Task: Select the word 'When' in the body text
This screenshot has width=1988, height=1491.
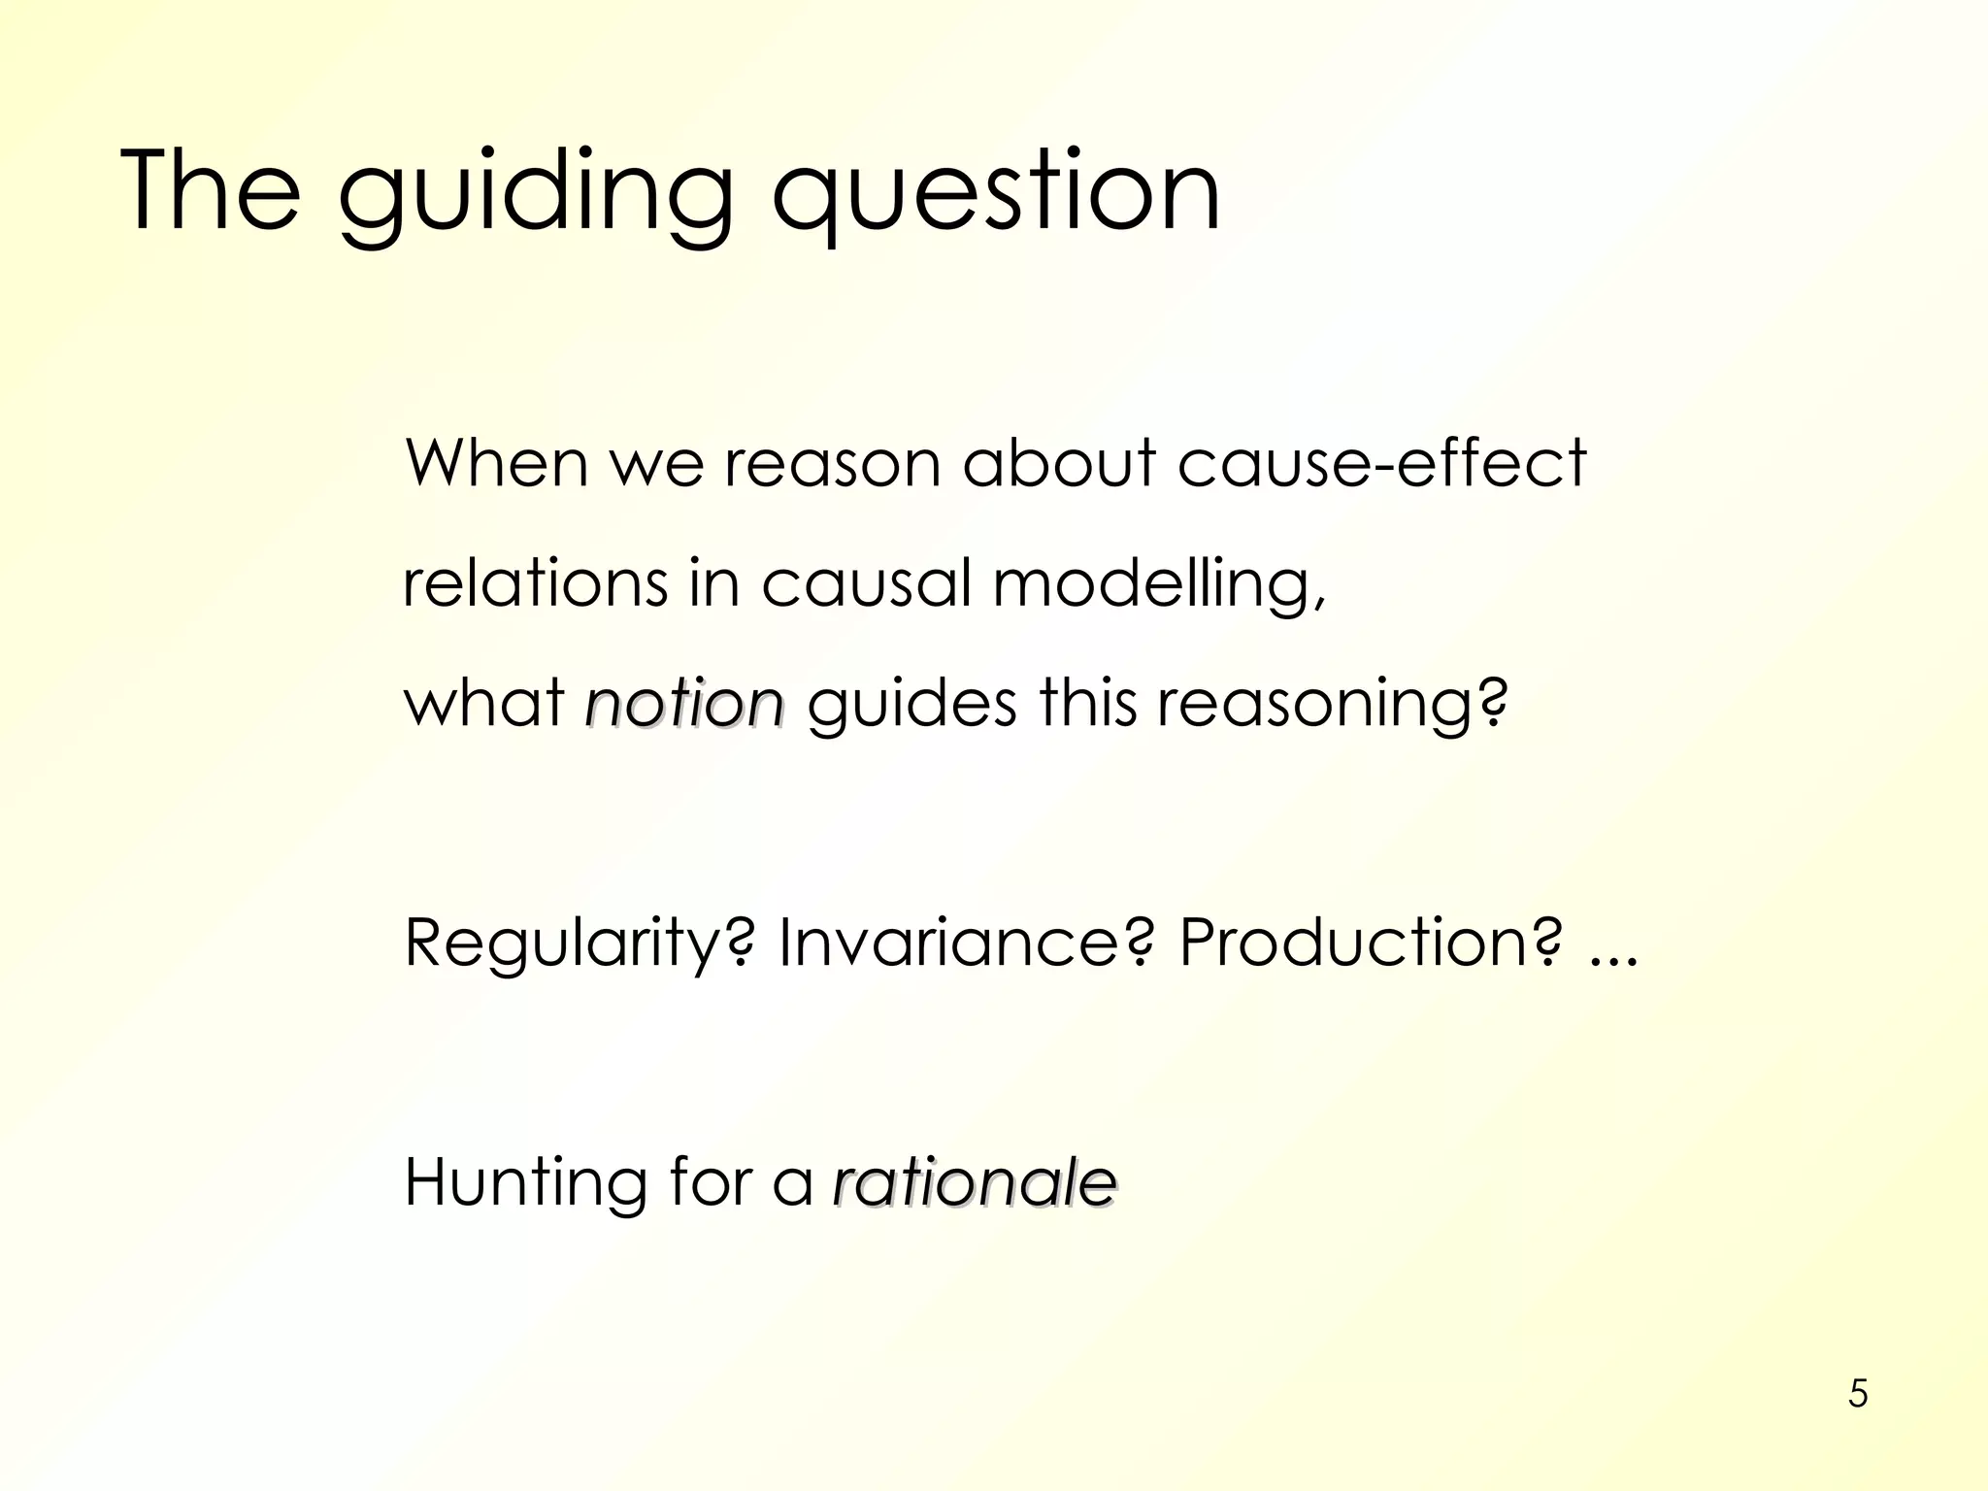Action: tap(496, 463)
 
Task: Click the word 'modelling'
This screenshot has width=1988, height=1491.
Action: tap(1155, 585)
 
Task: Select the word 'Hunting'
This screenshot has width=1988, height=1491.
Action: tap(525, 1183)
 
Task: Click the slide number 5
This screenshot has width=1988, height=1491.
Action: tap(1858, 1393)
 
